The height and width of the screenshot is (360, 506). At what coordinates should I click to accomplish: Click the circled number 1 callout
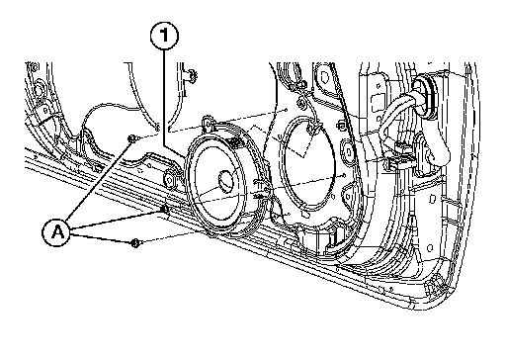click(x=164, y=36)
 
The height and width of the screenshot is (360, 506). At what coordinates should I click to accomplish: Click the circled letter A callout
click(x=57, y=232)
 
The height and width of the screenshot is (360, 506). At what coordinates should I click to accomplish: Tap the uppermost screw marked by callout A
click(x=132, y=138)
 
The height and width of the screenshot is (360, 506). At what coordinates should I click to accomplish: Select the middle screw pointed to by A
click(x=165, y=209)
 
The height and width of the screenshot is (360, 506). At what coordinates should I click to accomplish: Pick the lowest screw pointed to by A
click(x=135, y=243)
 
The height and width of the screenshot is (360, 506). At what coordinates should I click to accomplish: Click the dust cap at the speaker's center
click(x=228, y=181)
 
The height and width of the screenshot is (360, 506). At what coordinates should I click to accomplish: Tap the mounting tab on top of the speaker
click(x=208, y=122)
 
